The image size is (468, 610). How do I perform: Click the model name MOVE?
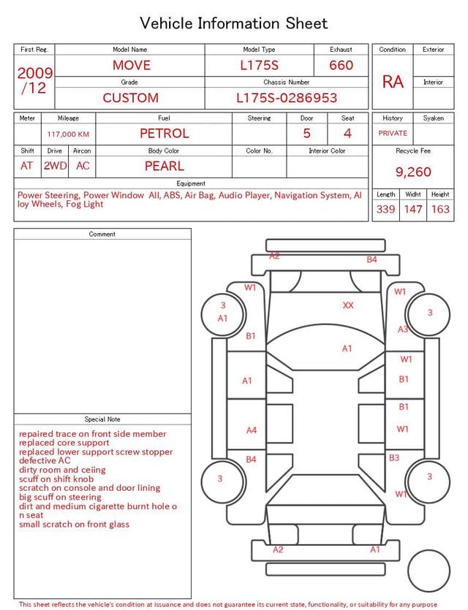131,65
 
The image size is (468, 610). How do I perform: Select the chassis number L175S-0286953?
287,98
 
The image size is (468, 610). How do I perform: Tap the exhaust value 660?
341,65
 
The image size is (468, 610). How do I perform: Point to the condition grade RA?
393,82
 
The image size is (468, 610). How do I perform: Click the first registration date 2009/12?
34,80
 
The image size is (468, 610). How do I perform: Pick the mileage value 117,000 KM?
68,134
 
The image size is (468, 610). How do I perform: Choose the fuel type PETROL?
165,134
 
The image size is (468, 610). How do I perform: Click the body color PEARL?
165,166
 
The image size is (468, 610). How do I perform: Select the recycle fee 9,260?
413,172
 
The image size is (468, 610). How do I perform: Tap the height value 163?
440,209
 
